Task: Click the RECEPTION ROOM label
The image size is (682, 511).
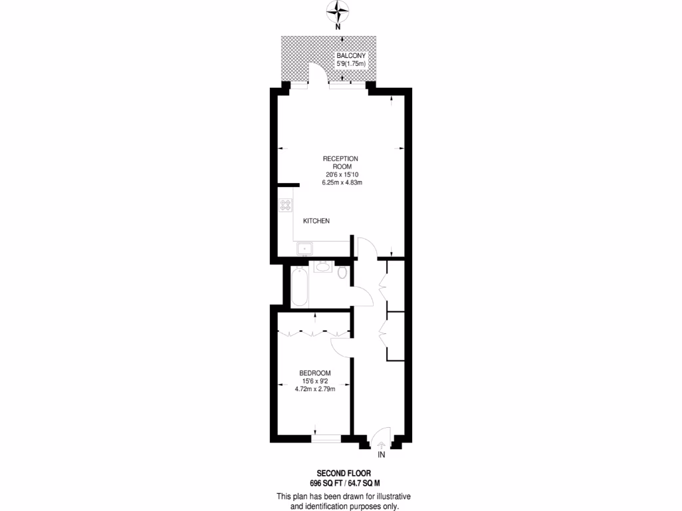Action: point(340,162)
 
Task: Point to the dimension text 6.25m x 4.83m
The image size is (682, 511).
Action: point(341,182)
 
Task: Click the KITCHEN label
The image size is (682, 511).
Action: point(316,221)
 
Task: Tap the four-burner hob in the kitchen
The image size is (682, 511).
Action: point(286,206)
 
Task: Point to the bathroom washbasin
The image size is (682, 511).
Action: point(323,267)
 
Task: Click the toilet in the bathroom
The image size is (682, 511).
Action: point(342,273)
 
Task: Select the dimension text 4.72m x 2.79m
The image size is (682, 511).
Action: point(314,389)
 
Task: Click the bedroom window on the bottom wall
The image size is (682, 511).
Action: point(327,438)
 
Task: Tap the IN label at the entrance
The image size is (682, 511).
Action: point(382,455)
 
